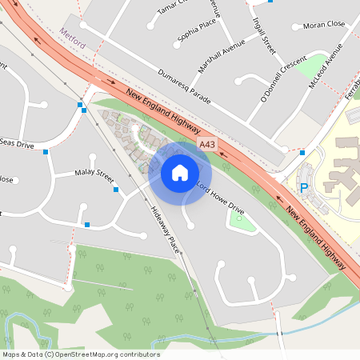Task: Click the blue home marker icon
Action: tap(180, 172)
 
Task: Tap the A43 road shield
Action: tap(207, 144)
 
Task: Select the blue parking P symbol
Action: tap(303, 187)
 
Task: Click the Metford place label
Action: tap(72, 33)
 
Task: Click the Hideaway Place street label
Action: tap(164, 230)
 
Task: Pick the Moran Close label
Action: tap(323, 25)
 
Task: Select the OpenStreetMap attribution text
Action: tap(81, 354)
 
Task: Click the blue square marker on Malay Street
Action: tap(116, 190)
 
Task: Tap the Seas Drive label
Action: tap(16, 144)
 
